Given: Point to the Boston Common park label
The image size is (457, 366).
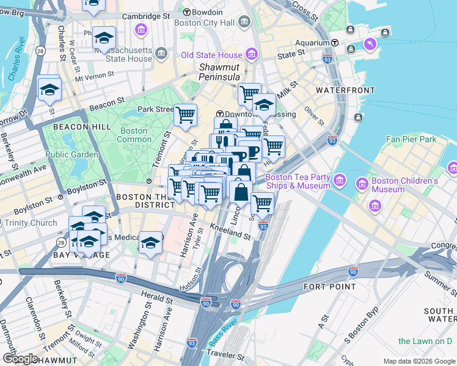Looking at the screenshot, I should (x=134, y=135).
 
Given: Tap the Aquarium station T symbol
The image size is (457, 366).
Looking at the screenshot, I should (x=335, y=43).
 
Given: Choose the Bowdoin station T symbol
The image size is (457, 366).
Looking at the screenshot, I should (x=186, y=12).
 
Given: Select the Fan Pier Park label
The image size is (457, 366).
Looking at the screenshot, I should (x=411, y=139).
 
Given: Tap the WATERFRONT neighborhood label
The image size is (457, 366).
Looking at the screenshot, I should (x=345, y=90).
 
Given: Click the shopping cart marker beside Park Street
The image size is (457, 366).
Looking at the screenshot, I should (x=185, y=114).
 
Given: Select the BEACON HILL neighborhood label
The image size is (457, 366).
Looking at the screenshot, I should (x=82, y=126).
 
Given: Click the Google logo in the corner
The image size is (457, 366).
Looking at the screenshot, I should (x=20, y=359).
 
